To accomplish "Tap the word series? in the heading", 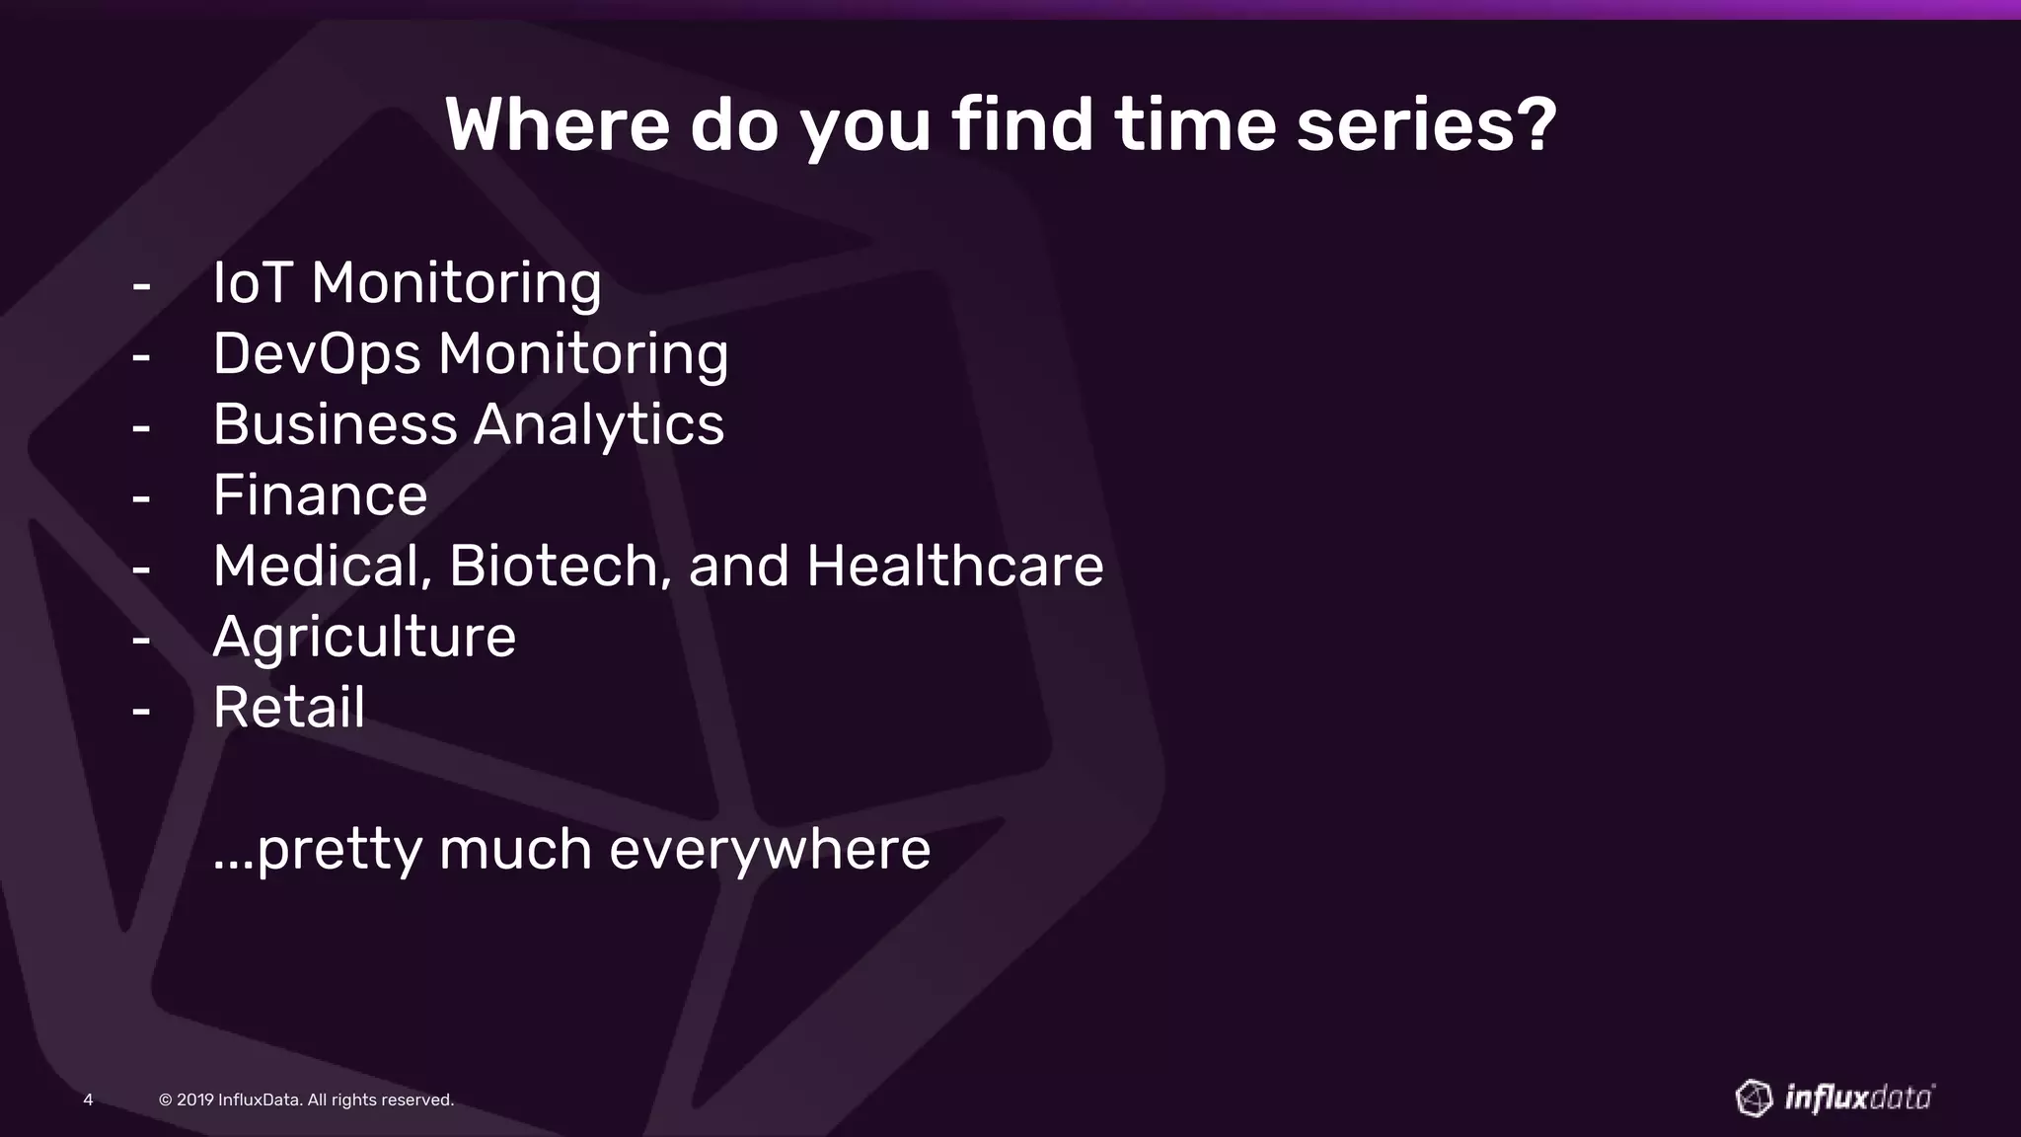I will [1426, 125].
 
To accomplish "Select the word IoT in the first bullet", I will [252, 283].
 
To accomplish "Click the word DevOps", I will [317, 354].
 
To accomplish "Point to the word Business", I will [335, 425].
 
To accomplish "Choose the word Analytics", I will [599, 425].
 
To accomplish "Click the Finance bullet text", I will [320, 495].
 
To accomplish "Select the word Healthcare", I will [954, 567].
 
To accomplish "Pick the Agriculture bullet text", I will [364, 638].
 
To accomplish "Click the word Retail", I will [289, 708].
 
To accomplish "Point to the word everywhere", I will [770, 850].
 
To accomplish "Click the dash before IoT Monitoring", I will [141, 286].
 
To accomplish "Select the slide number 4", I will [88, 1099].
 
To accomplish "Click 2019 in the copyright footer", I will [194, 1099].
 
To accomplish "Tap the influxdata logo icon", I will [1754, 1098].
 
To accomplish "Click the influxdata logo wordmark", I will [1859, 1099].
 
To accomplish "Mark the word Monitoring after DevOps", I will [583, 354].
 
